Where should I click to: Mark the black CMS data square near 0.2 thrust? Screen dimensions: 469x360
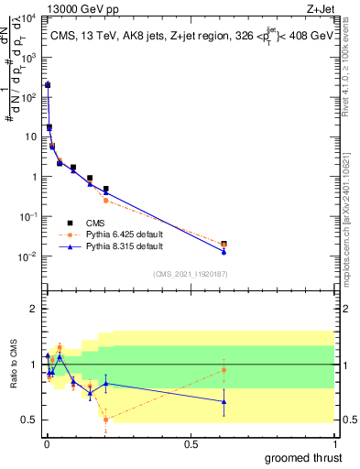(x=106, y=189)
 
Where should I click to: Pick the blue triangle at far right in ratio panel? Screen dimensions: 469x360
(x=224, y=401)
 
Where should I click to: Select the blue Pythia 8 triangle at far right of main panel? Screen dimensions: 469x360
(x=224, y=251)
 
